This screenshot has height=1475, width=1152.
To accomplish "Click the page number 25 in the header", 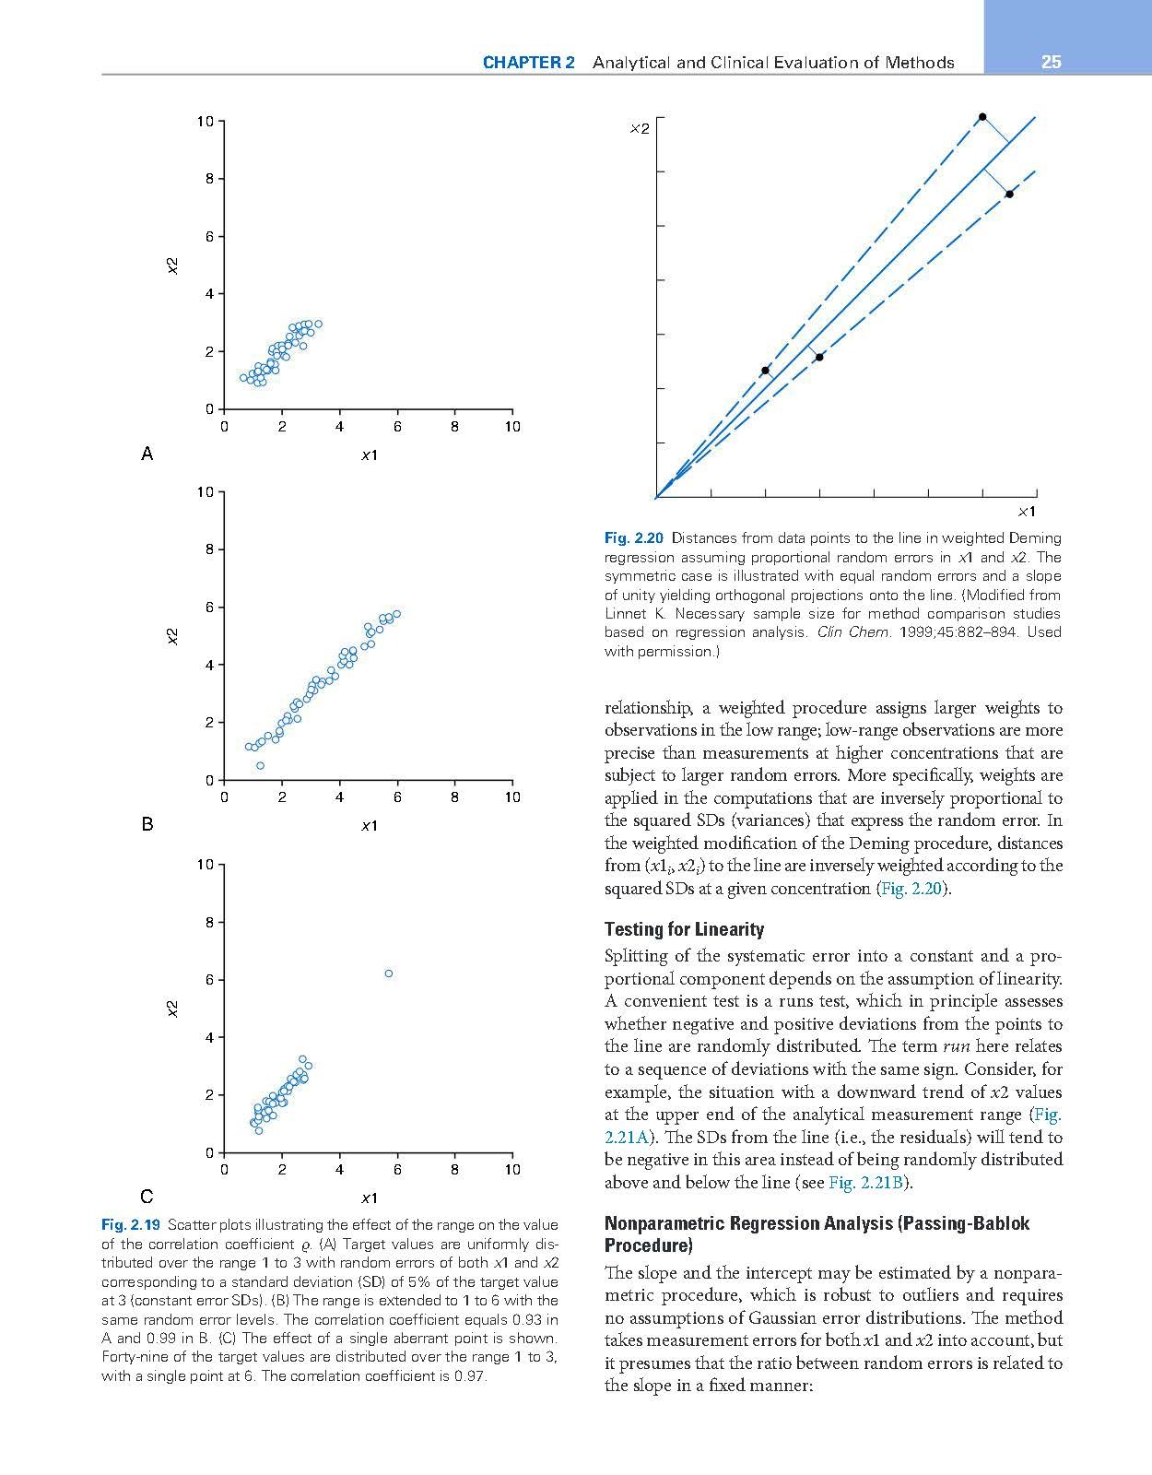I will tap(1051, 63).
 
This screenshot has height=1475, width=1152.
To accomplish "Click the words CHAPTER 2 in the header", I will tap(528, 63).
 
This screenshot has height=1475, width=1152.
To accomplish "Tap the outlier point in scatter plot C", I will tap(389, 973).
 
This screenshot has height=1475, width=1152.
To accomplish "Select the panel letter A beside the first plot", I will tap(147, 454).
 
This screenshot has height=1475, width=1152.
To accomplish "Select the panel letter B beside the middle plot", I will tap(147, 824).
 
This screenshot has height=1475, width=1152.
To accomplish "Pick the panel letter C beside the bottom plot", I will tap(147, 1197).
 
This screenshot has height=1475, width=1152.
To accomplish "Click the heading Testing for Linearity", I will tap(684, 929).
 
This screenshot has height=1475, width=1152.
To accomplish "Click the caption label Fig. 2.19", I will tap(131, 1225).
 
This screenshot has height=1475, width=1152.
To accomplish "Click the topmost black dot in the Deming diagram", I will tap(982, 117).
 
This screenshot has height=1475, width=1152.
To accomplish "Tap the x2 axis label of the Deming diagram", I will tap(639, 129).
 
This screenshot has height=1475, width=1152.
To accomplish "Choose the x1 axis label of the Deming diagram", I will tap(1027, 512).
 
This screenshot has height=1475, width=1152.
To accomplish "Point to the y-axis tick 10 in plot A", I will tap(205, 121).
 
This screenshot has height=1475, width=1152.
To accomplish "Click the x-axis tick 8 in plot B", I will tap(454, 797).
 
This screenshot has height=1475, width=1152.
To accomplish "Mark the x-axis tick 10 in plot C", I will tap(512, 1170).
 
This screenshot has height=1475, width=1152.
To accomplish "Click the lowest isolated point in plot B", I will tap(260, 765).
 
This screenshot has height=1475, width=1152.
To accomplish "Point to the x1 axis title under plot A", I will tap(369, 454).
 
